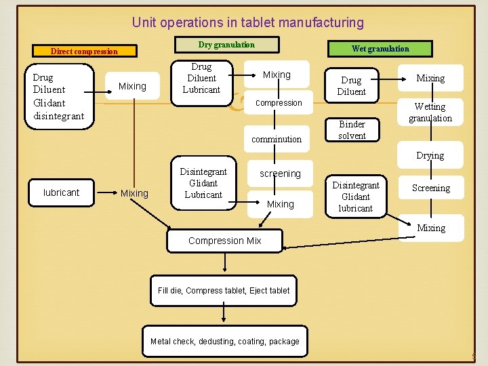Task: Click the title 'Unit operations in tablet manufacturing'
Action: click(247, 22)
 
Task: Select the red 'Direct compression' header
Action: click(85, 51)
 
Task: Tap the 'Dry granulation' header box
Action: click(226, 45)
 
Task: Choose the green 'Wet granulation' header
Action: click(380, 48)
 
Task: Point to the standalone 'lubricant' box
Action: click(61, 192)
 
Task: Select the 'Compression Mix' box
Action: click(225, 241)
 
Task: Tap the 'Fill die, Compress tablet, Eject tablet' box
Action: click(224, 291)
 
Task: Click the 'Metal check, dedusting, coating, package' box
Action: click(224, 342)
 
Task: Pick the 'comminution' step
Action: click(277, 139)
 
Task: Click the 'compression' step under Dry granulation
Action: click(279, 103)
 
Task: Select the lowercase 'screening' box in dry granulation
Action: click(280, 174)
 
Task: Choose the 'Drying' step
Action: click(430, 155)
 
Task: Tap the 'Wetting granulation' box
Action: click(430, 112)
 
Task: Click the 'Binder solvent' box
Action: click(352, 129)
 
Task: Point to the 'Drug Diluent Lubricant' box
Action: click(201, 78)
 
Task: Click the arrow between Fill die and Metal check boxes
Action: click(224, 312)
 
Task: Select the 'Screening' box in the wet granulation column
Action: click(431, 188)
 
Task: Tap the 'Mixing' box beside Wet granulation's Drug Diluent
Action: click(430, 78)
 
